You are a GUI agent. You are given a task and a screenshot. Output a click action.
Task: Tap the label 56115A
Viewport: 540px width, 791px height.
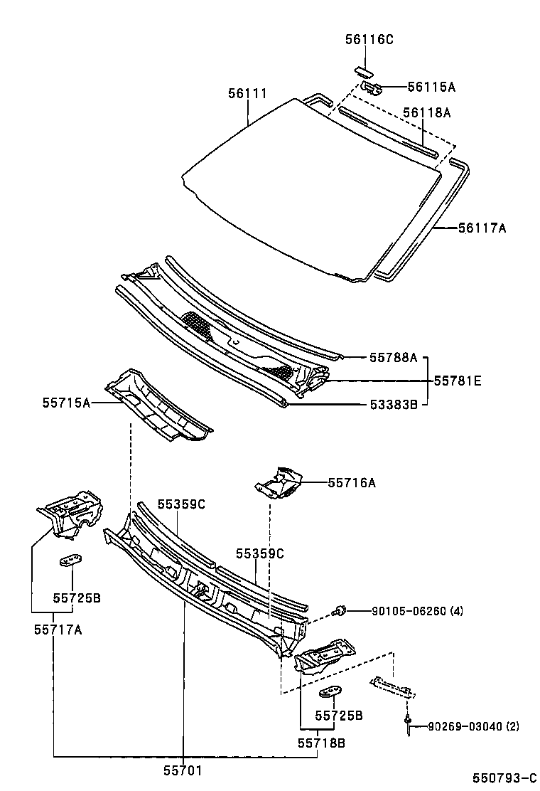click(x=431, y=87)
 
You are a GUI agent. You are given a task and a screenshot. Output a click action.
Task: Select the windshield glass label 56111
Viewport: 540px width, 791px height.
click(x=247, y=94)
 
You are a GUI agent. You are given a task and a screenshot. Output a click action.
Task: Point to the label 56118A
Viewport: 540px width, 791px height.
click(x=427, y=112)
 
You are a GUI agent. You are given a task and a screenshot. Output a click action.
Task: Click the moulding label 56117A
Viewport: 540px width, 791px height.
click(x=482, y=228)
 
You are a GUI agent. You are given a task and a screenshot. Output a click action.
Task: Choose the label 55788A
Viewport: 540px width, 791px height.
click(x=392, y=358)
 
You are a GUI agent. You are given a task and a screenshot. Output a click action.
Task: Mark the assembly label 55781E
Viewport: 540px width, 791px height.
click(x=458, y=381)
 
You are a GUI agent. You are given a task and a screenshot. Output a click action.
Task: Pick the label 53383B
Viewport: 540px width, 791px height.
click(x=392, y=405)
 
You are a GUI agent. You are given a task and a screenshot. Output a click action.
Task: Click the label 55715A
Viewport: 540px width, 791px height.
click(x=66, y=403)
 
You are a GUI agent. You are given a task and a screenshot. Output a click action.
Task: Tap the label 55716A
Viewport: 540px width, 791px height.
click(x=352, y=483)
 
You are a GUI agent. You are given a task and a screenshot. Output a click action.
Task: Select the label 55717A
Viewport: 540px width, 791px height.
click(x=58, y=629)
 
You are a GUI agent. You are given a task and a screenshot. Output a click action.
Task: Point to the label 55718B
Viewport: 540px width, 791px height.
click(x=321, y=743)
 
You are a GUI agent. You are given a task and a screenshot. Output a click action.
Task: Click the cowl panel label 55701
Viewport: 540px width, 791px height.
click(x=184, y=769)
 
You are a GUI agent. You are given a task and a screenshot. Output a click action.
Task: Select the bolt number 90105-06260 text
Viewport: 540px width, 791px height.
click(x=416, y=610)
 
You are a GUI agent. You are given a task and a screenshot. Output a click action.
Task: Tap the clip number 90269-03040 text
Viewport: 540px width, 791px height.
click(x=473, y=726)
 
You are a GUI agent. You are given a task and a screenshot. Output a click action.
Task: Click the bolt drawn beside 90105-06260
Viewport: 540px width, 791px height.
click(x=340, y=610)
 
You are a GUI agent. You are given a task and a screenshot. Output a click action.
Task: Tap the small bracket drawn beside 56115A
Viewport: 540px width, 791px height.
click(x=372, y=87)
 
